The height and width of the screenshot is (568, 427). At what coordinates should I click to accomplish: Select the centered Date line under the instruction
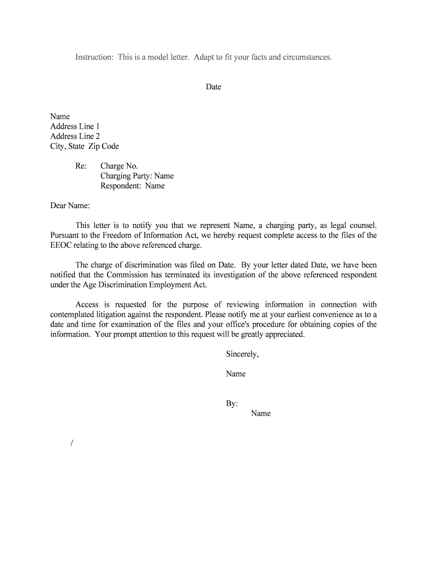pos(213,87)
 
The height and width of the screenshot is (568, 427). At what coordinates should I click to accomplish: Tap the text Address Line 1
pos(75,126)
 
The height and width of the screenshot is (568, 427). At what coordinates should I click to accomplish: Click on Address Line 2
pos(75,136)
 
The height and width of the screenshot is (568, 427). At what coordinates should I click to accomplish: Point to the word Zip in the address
pos(95,146)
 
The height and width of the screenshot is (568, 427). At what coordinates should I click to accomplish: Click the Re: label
pos(81,166)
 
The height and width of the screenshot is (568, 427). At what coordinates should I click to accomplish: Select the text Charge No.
pos(119,166)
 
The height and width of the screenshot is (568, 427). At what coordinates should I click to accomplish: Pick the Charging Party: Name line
pos(137,176)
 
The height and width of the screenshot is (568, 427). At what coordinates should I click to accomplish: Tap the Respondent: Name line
pos(133,186)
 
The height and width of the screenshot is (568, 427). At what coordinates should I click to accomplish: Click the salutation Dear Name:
pos(70,206)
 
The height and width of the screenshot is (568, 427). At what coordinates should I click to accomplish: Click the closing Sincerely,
pos(242,354)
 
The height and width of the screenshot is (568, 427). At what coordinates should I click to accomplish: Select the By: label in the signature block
pos(232,403)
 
